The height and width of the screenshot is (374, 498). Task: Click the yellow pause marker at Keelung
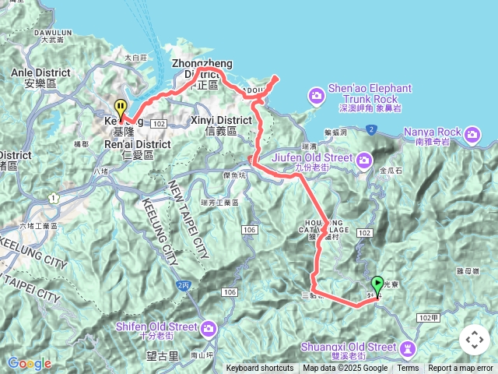(x=120, y=109)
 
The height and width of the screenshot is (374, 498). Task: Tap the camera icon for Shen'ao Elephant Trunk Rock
(x=316, y=96)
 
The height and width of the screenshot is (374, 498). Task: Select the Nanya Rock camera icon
(x=472, y=136)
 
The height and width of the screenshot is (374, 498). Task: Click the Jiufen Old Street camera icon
(x=363, y=160)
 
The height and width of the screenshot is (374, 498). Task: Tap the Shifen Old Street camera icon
(x=208, y=329)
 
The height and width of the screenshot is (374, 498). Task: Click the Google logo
(x=29, y=363)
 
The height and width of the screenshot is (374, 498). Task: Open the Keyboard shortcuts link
(x=260, y=369)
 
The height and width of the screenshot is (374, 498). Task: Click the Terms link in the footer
(x=408, y=369)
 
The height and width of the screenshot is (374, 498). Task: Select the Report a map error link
(x=461, y=369)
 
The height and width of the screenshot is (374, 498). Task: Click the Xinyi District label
(x=221, y=121)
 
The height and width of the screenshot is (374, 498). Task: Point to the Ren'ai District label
(x=137, y=144)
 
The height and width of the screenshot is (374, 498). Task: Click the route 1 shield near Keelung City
(x=53, y=199)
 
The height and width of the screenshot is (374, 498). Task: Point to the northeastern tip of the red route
(x=277, y=76)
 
